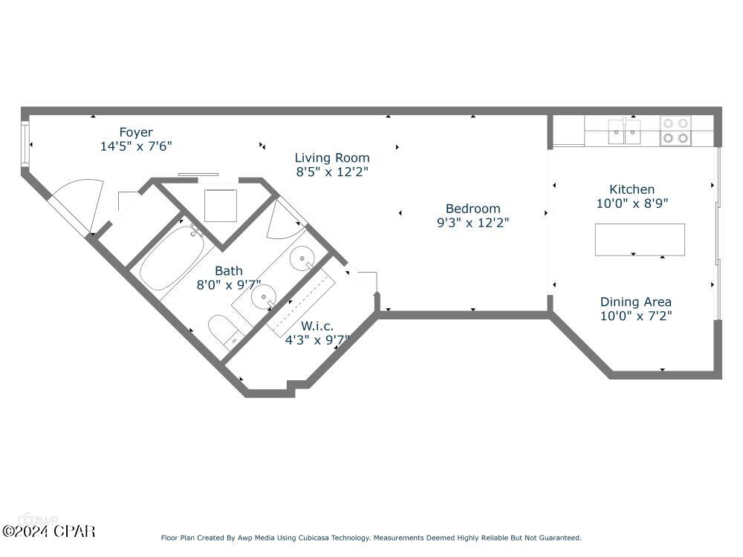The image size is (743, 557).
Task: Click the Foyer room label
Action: [x=136, y=133]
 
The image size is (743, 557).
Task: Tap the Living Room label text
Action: [x=332, y=157]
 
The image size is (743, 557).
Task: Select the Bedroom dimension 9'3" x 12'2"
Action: [x=473, y=222]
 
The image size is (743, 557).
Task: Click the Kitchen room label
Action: [x=632, y=189]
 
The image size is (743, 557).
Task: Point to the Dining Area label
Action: [x=635, y=302]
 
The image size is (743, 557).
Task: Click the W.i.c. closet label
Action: [x=317, y=326]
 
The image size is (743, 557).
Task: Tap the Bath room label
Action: [x=228, y=271]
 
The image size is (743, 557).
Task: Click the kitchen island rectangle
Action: [x=639, y=239]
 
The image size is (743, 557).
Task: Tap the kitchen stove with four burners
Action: [x=676, y=131]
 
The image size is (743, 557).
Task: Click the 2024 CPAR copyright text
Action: [x=48, y=531]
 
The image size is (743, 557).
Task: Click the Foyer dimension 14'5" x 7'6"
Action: [x=136, y=146]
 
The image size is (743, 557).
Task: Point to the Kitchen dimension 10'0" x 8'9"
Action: [x=632, y=203]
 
